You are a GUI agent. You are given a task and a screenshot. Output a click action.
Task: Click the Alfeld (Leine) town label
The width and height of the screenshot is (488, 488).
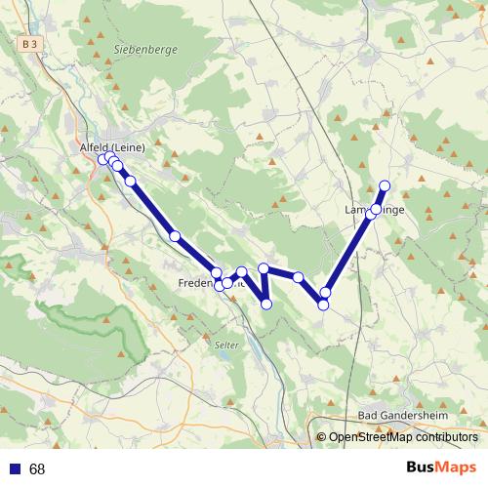tap(111, 147)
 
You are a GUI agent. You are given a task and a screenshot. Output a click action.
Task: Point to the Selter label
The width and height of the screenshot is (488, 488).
tap(225, 345)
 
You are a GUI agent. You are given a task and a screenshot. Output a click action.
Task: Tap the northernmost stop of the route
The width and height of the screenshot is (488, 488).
tap(385, 185)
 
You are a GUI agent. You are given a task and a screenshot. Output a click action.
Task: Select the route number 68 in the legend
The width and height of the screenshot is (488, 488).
tap(37, 468)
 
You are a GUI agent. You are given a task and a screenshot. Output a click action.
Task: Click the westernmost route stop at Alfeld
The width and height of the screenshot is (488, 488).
tap(102, 158)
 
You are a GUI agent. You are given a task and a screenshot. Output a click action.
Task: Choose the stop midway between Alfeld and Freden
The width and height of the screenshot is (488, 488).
tap(175, 235)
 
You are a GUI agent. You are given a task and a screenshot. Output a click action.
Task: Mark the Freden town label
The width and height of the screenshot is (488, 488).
tap(196, 283)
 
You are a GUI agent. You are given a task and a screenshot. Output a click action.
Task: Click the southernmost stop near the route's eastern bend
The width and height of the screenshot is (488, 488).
tap(323, 305)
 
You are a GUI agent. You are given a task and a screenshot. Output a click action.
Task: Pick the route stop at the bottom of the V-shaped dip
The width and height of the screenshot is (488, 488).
tap(266, 304)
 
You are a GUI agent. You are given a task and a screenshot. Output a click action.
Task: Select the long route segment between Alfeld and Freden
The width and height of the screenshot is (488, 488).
tap(151, 208)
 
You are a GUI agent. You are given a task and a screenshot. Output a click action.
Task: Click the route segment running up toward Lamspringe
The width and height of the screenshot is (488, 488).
tap(348, 251)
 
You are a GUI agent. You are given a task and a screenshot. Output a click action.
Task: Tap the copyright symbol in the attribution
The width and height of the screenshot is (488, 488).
tap(321, 436)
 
